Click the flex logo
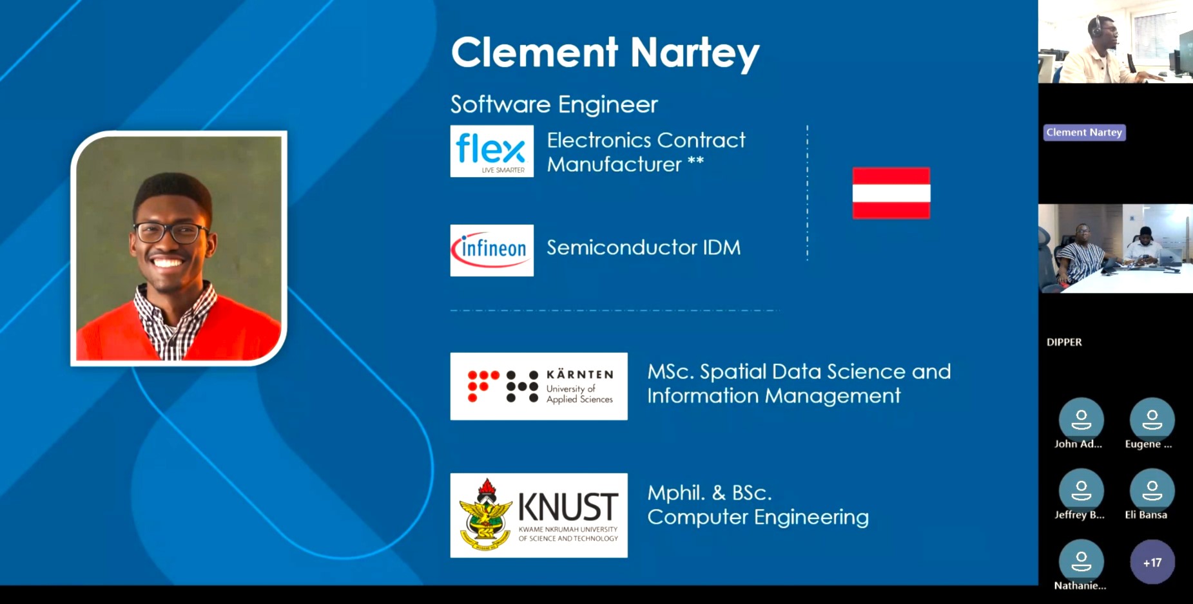point(491,151)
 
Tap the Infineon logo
point(491,250)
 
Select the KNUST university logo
point(538,515)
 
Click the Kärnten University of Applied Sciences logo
point(538,386)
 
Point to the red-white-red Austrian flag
point(891,193)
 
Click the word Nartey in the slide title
point(695,53)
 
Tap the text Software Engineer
point(554,104)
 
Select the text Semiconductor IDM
point(643,247)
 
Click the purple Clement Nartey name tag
point(1084,132)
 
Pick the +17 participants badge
point(1152,562)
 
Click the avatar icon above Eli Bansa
point(1152,491)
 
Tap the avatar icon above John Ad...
point(1081,420)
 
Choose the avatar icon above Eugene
point(1152,420)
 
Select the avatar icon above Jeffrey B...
point(1081,491)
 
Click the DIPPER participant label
point(1064,342)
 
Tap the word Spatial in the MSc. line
point(733,372)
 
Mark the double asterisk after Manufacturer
point(695,160)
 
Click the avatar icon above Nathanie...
point(1081,562)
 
